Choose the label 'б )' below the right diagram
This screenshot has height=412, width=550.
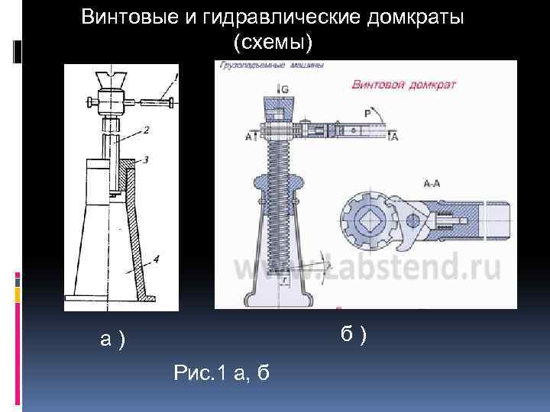(x=354, y=333)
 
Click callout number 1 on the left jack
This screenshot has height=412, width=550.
(x=177, y=77)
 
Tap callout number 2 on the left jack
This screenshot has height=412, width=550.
(x=145, y=130)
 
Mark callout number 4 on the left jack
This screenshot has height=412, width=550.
(x=156, y=259)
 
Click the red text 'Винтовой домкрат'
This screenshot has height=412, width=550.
(x=403, y=85)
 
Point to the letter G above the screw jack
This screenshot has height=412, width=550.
(x=285, y=90)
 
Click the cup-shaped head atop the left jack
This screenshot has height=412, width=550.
(x=112, y=80)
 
